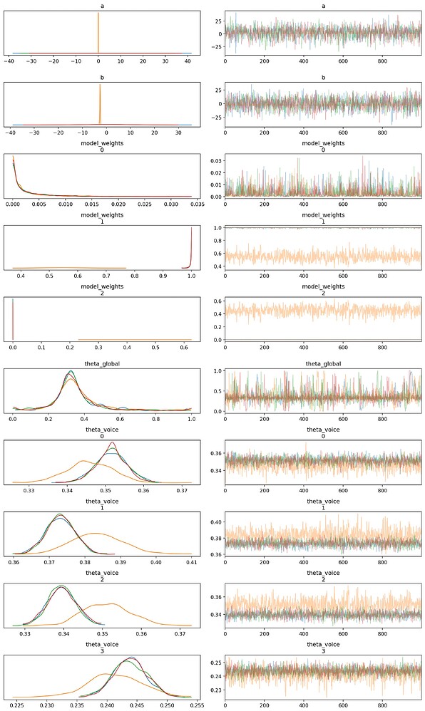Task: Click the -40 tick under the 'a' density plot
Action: (11, 61)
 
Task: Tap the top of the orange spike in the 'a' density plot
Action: (98, 14)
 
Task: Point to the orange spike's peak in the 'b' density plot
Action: (100, 85)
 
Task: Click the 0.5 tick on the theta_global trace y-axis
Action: (218, 391)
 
